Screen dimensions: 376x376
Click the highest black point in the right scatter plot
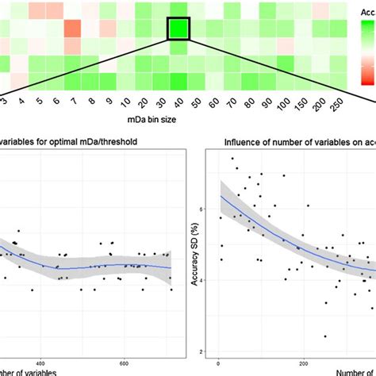[232, 159]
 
